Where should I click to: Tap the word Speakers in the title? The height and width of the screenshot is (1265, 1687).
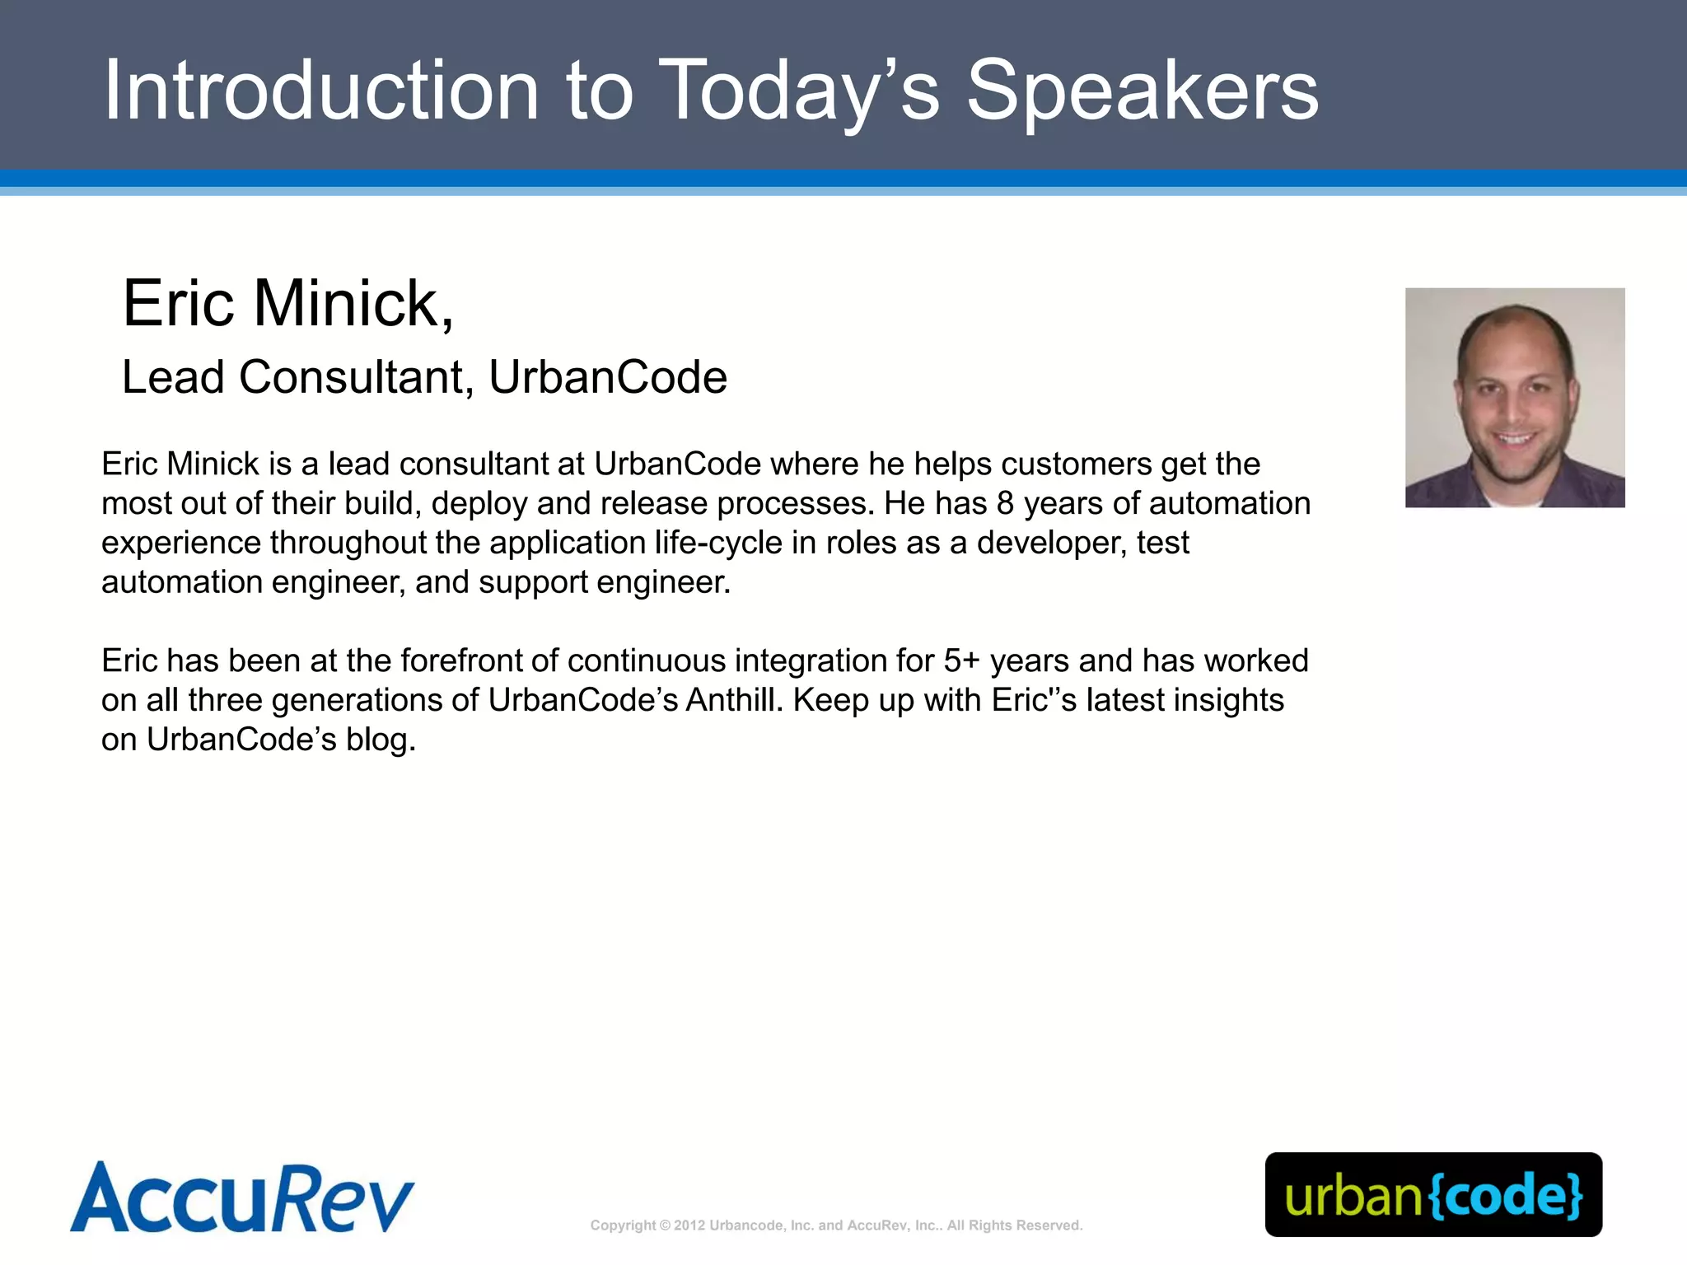(x=1143, y=92)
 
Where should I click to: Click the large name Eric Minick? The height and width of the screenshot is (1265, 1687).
(x=288, y=303)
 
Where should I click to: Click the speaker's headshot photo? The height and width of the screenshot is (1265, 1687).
(x=1514, y=397)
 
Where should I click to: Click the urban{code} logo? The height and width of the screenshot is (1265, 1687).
(x=1433, y=1194)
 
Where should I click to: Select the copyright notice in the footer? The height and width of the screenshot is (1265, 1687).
(x=836, y=1225)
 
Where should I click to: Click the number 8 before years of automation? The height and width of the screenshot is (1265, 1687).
(x=1005, y=503)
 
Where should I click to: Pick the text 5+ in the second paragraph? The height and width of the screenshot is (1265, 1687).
(x=961, y=661)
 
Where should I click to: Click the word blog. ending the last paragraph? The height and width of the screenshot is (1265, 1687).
(x=381, y=740)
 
